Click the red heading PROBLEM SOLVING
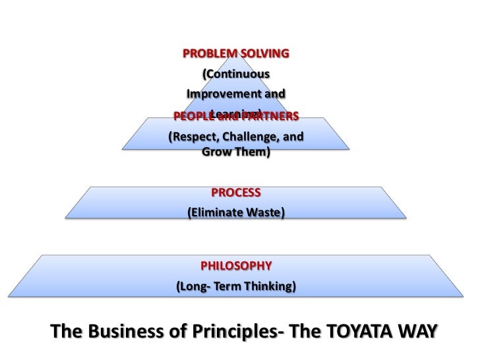tap(235, 52)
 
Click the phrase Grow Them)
tap(235, 152)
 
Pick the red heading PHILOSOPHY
tap(235, 266)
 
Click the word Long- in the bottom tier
tap(191, 287)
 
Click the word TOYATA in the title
tap(355, 330)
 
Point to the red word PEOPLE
tap(193, 117)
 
